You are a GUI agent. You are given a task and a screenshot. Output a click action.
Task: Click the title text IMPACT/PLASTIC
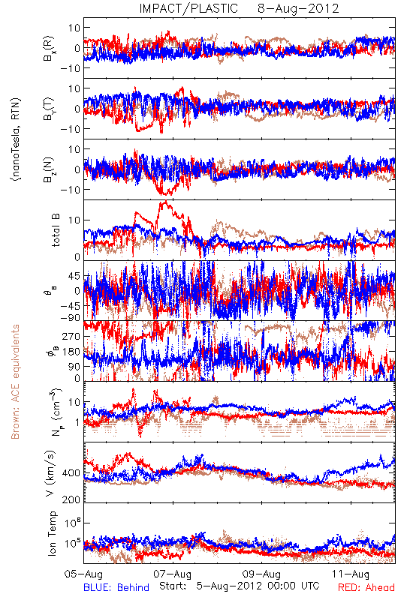point(188,8)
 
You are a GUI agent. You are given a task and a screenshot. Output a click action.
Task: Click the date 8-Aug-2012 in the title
point(298,8)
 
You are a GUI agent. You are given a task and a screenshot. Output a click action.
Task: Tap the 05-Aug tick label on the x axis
point(83,574)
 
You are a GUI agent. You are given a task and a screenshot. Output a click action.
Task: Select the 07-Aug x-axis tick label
point(173,574)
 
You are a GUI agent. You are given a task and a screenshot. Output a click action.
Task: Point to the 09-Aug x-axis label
point(261,574)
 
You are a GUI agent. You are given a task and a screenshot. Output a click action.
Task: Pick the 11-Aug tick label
point(351,574)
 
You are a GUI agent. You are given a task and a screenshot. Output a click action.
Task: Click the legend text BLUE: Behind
point(116,587)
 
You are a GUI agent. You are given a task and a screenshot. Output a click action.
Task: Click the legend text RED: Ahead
point(366,587)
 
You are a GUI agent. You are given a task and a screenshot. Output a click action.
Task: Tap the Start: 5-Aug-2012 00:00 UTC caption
point(240,586)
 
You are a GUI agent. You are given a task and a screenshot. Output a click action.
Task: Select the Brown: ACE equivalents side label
point(15,382)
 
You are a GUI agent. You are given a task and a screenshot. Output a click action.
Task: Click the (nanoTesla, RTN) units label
point(16,139)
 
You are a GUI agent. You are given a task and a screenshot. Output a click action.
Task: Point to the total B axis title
point(56,230)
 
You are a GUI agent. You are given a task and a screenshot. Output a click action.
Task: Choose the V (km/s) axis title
point(50,473)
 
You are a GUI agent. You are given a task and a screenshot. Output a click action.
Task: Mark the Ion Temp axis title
point(52,533)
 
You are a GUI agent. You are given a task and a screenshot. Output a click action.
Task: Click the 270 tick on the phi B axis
point(71,336)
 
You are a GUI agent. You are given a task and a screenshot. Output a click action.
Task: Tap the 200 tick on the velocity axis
point(71,499)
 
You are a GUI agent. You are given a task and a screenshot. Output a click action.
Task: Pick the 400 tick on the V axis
point(71,473)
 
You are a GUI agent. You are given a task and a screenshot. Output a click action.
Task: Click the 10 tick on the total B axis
point(74,220)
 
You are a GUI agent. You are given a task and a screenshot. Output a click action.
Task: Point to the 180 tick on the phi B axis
point(71,352)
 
